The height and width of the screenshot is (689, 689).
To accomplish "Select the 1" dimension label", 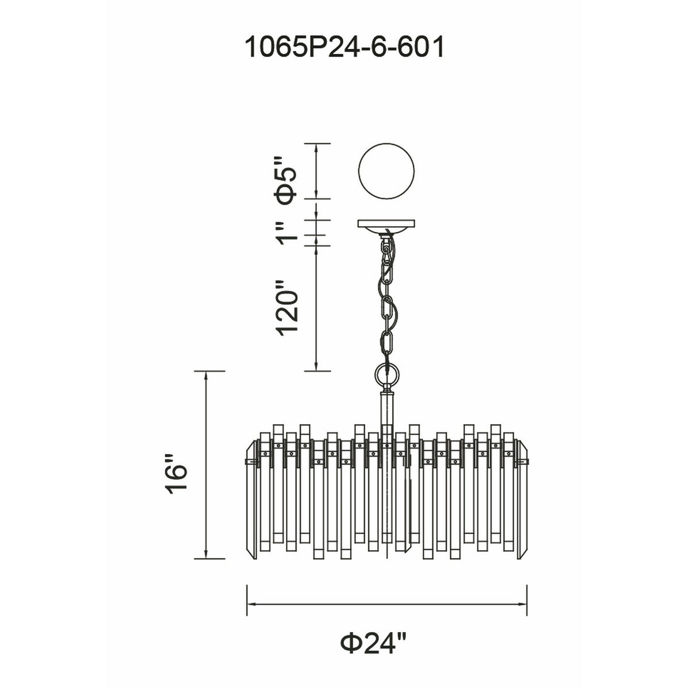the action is (288, 233).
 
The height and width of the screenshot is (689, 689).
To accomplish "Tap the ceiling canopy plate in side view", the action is (386, 226).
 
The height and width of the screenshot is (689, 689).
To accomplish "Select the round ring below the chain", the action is (386, 376).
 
